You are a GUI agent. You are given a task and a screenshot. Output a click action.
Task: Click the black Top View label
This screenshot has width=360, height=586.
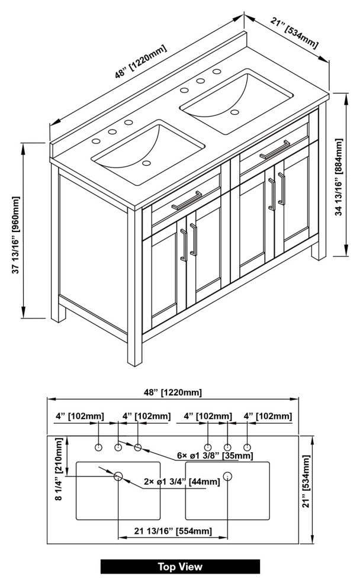click(x=180, y=566)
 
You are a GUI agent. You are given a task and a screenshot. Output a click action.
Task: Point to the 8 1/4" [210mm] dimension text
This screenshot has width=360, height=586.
click(x=59, y=469)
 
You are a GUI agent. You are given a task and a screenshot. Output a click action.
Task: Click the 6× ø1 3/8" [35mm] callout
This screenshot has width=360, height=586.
click(x=215, y=456)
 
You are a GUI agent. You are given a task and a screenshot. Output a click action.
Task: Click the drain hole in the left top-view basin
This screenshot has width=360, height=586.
click(x=118, y=475)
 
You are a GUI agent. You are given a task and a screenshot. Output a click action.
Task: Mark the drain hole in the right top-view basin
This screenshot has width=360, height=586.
click(x=228, y=475)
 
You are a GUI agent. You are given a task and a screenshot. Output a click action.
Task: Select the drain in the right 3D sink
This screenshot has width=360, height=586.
click(x=234, y=111)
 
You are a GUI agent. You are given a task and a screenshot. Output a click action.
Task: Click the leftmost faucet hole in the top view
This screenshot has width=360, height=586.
click(x=98, y=446)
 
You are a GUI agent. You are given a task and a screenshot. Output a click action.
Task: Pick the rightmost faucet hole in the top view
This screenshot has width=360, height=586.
click(x=247, y=446)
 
